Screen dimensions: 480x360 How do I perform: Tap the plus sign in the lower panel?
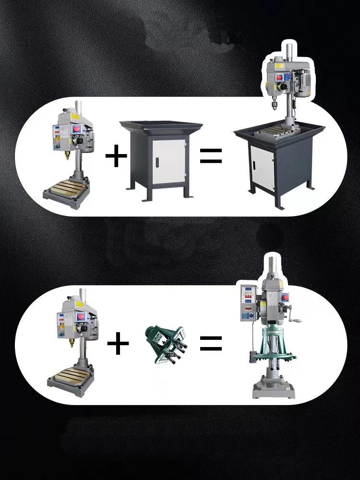point(118,344)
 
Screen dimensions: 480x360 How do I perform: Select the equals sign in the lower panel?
point(211,343)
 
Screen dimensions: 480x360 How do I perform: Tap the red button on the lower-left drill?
point(80,316)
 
